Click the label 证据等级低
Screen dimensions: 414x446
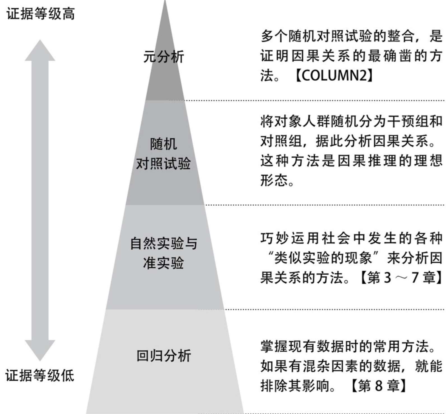click(x=40, y=375)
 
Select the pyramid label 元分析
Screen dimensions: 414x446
click(x=164, y=57)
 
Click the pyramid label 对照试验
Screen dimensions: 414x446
click(x=163, y=163)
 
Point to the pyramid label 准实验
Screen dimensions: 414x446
click(x=163, y=263)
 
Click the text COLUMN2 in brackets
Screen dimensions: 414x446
click(x=334, y=75)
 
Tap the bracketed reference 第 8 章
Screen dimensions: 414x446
click(x=378, y=386)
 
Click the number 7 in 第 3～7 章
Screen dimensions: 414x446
click(x=415, y=278)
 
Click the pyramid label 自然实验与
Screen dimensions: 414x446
click(x=164, y=243)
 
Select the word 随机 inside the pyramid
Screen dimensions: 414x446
click(x=163, y=144)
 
